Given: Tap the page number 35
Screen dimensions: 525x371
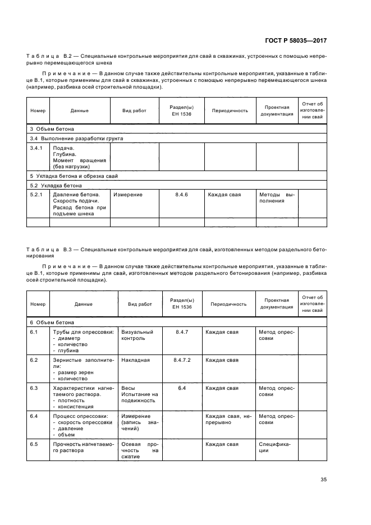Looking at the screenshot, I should pyautogui.click(x=324, y=480).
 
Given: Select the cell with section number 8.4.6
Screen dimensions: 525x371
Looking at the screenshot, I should pyautogui.click(x=181, y=195).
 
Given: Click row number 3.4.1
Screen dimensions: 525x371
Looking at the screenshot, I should pyautogui.click(x=36, y=148).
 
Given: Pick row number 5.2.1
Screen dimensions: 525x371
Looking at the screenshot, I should pyautogui.click(x=36, y=195).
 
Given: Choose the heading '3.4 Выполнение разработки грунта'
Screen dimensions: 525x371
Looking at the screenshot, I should pyautogui.click(x=76, y=137).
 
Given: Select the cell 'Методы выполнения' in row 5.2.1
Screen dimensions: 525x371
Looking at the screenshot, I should pyautogui.click(x=276, y=198).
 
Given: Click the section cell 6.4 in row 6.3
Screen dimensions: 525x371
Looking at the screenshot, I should pyautogui.click(x=181, y=388).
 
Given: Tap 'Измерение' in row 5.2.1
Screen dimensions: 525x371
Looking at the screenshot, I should pyautogui.click(x=127, y=195).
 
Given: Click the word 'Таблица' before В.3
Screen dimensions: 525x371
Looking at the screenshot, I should pyautogui.click(x=43, y=248).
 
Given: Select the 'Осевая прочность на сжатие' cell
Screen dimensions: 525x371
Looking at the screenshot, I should pyautogui.click(x=140, y=450).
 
